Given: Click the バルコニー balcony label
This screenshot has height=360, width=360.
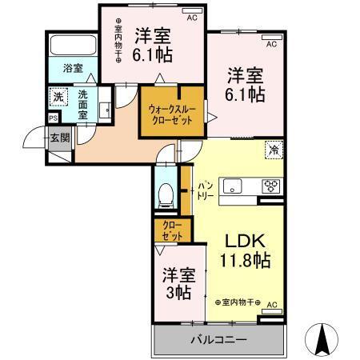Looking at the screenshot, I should [218, 339].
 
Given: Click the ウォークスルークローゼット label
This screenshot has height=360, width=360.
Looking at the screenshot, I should [172, 114].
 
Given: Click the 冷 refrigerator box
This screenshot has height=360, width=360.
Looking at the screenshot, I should [274, 149].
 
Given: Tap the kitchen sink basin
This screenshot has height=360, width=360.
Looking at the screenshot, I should [232, 188].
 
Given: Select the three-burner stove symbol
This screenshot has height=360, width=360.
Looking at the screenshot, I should [271, 188].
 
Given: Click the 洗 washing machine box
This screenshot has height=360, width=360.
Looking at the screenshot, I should [58, 98].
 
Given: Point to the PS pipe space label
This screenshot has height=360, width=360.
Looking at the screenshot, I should [53, 118].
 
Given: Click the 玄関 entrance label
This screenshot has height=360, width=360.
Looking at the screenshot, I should [61, 137].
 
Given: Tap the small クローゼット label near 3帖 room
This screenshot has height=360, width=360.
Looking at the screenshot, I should [172, 230].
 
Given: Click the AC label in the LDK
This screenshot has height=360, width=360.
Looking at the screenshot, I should [271, 305].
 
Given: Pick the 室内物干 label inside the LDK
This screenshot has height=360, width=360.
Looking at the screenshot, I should [238, 301].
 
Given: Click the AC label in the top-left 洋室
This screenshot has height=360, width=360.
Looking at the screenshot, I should [192, 16].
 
